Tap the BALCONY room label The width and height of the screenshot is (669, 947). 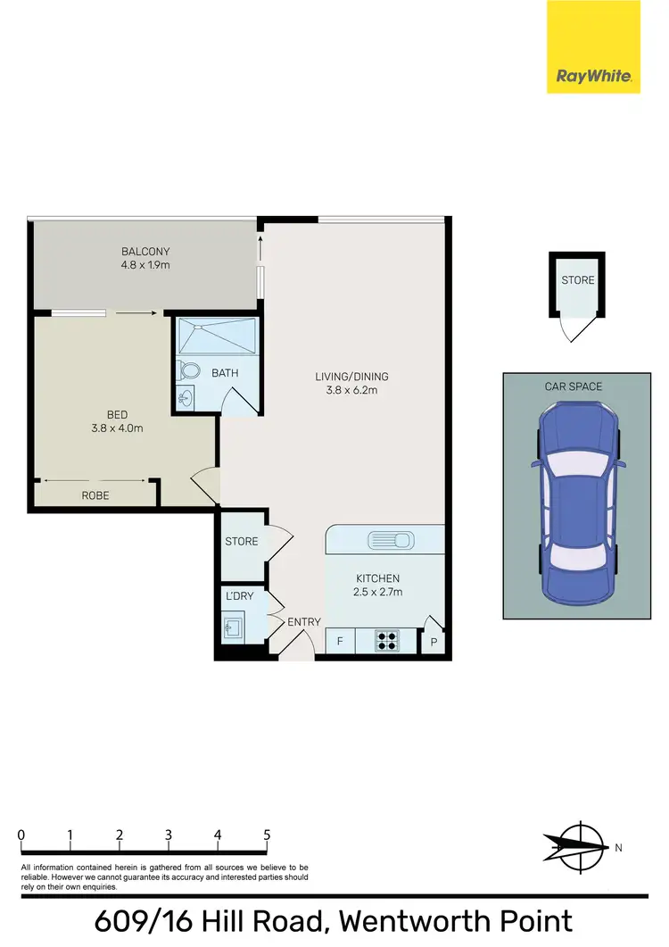coord(145,252)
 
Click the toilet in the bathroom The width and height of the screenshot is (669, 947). coord(189,370)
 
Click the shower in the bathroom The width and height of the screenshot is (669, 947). coord(217,337)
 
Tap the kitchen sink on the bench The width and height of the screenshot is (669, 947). coord(390,540)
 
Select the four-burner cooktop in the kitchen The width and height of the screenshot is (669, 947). coord(388,640)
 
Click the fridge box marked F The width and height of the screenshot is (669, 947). coord(340,641)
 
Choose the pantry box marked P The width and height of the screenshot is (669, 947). coord(434,641)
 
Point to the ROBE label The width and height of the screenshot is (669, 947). coord(95,494)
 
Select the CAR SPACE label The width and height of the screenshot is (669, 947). coord(574,386)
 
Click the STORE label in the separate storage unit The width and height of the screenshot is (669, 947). coord(577,280)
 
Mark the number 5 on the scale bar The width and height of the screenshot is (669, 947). coord(267,835)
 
